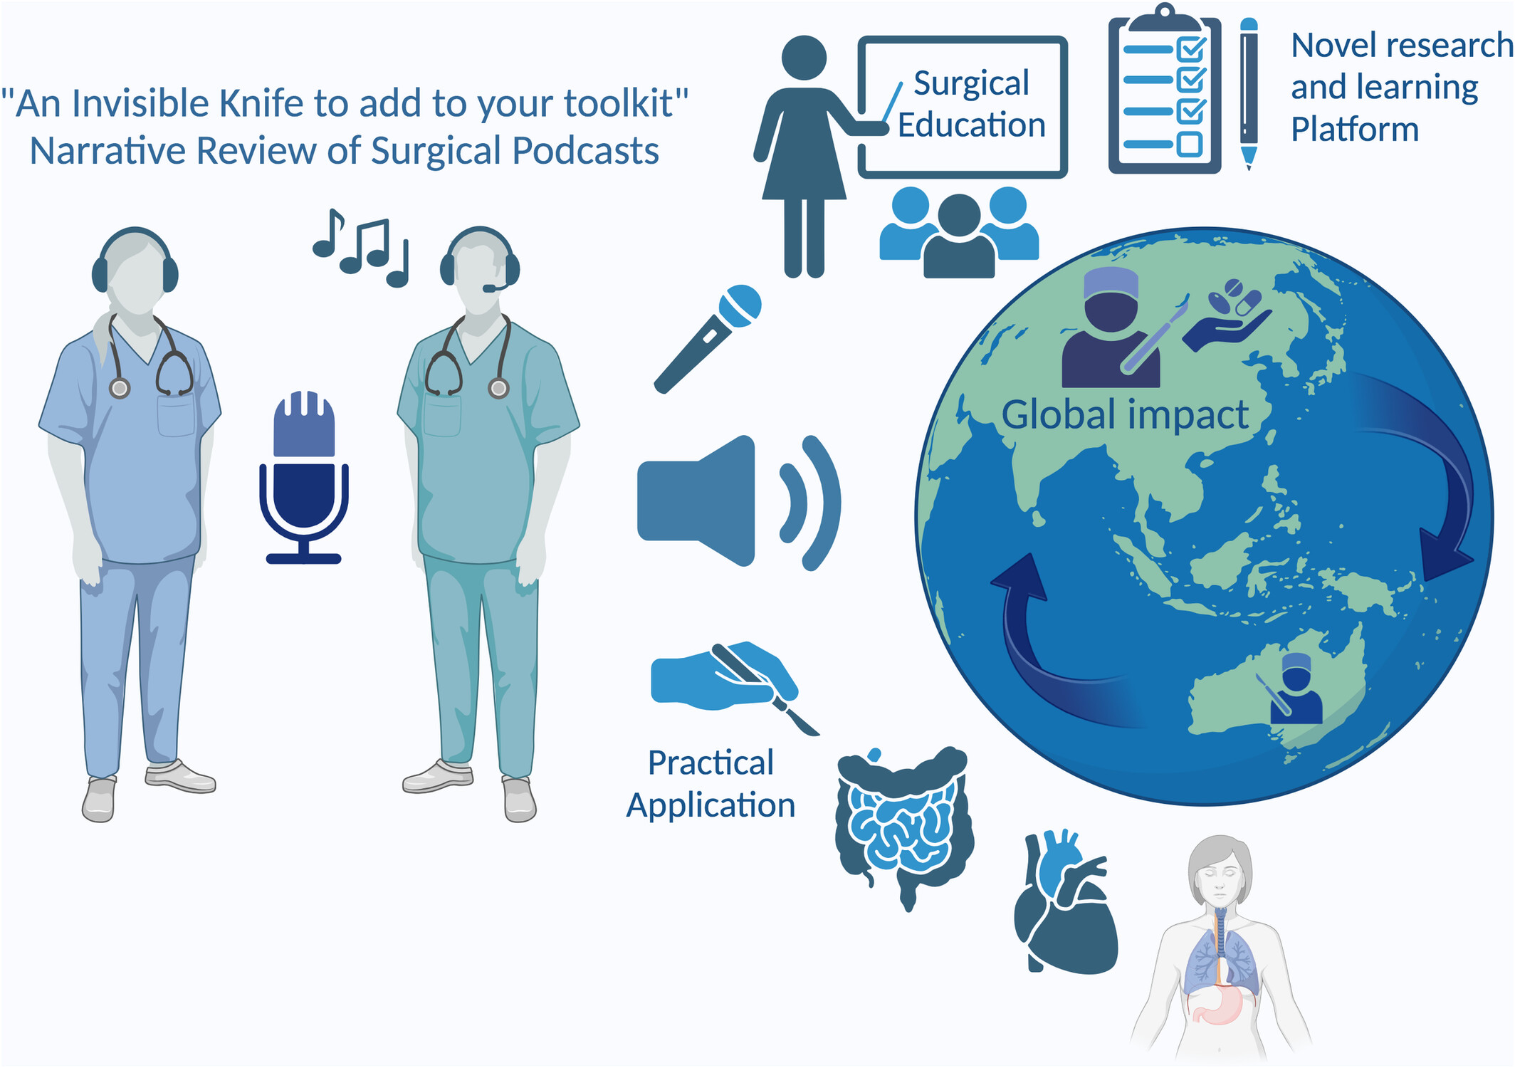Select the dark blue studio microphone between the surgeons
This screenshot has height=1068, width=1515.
pyautogui.click(x=304, y=477)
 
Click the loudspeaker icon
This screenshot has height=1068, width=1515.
pyautogui.click(x=739, y=501)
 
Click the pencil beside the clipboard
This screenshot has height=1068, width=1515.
pyautogui.click(x=1249, y=93)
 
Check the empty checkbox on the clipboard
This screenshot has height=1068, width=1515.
pyautogui.click(x=1190, y=144)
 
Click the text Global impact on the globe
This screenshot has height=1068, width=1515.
pyautogui.click(x=1125, y=414)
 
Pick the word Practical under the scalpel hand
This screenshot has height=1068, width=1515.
pyautogui.click(x=711, y=763)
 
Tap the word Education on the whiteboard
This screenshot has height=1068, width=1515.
pyautogui.click(x=971, y=125)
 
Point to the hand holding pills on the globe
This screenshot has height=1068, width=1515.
pyautogui.click(x=1226, y=315)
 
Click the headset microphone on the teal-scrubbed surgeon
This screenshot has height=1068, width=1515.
pyautogui.click(x=496, y=286)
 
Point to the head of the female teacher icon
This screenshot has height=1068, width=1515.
pyautogui.click(x=804, y=58)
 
